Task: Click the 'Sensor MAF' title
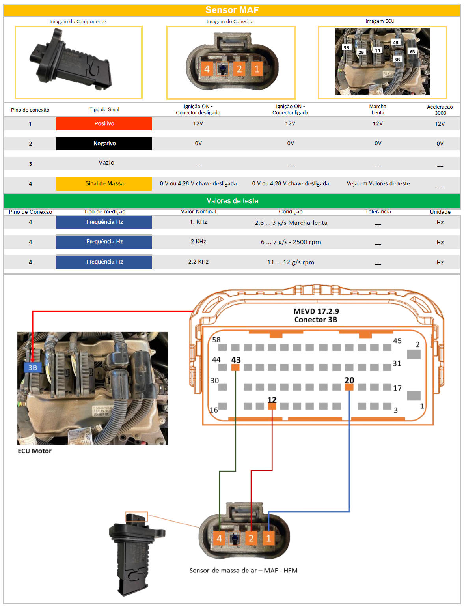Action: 232,10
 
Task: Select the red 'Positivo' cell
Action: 104,123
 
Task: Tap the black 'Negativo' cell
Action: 104,143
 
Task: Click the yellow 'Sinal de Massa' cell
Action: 104,183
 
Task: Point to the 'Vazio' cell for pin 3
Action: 106,162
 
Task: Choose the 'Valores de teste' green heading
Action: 232,201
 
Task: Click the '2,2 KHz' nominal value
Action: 198,262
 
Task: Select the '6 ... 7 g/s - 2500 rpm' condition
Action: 291,242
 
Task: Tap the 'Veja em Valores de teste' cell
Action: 378,183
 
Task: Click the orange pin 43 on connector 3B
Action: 235,368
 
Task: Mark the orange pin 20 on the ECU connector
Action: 349,387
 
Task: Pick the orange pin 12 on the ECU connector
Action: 272,406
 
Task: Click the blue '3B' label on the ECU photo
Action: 33,368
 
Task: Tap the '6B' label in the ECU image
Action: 412,52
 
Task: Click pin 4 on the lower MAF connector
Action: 219,538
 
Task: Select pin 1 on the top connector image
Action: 257,69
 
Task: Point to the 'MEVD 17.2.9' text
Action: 316,311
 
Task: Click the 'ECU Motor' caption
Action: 35,451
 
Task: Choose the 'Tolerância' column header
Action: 378,211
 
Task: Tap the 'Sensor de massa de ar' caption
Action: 223,571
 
